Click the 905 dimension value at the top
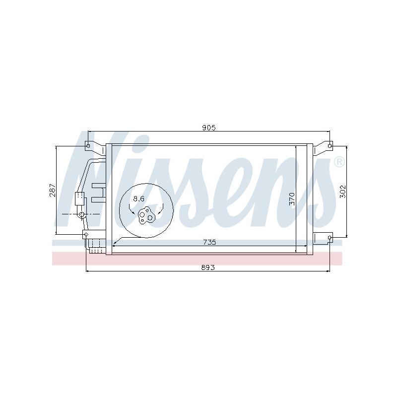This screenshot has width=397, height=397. coord(208,128)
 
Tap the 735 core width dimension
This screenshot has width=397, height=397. coord(209,242)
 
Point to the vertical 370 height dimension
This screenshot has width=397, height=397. coord(292,198)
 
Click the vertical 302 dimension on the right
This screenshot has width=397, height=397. coord(342,192)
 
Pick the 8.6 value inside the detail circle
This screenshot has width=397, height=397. coord(139,198)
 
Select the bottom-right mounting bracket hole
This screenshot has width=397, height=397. coord(330,238)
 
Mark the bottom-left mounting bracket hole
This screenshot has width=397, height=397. coord(85,234)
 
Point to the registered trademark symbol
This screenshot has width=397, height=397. coord(338,162)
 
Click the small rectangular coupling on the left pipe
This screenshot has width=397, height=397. coord(78,198)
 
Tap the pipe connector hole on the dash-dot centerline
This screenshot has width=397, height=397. coord(81,214)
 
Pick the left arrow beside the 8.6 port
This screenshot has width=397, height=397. coord(132,212)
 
